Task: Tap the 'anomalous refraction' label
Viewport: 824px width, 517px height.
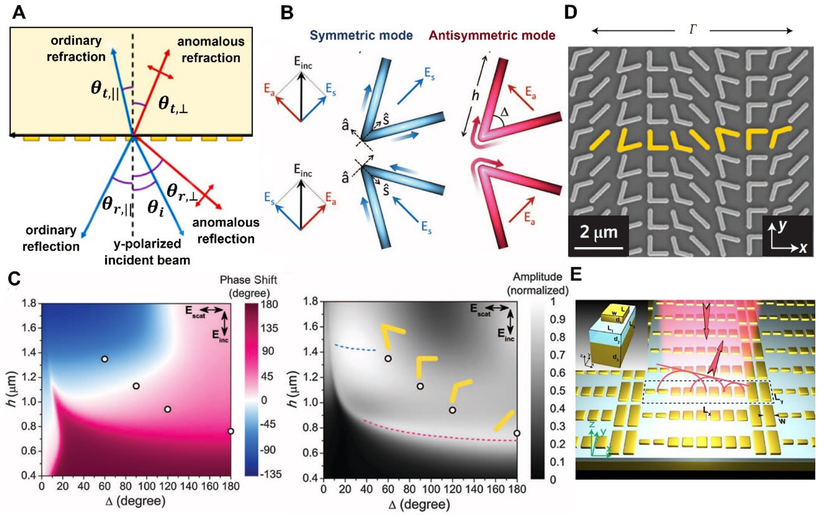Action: (211, 49)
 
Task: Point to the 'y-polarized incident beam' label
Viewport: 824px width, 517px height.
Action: (147, 252)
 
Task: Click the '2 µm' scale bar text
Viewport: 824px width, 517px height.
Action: (599, 232)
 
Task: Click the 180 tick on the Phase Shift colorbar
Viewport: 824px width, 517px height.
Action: (269, 304)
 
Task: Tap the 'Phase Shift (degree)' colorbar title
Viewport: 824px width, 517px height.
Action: (249, 286)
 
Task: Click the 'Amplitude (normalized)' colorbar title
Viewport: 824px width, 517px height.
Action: (538, 283)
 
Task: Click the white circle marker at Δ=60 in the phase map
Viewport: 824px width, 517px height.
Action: (105, 359)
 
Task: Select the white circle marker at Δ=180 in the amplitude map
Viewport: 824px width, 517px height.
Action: (517, 433)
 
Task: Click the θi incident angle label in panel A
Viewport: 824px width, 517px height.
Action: (156, 208)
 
